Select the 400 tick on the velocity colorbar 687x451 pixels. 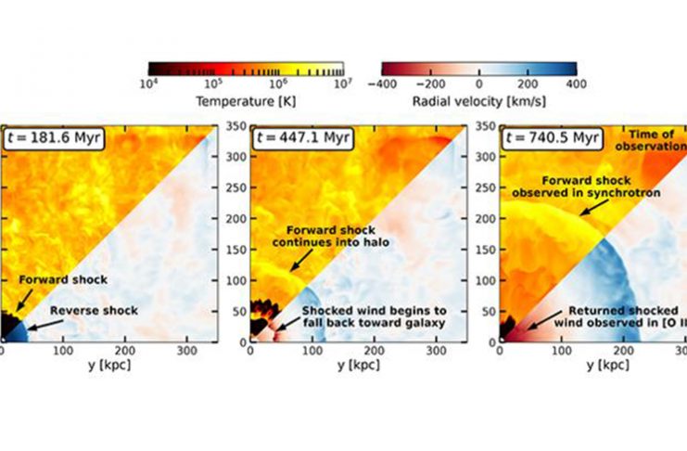click(576, 83)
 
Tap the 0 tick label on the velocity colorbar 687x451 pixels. click(478, 83)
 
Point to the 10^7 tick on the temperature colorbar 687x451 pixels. click(343, 83)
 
